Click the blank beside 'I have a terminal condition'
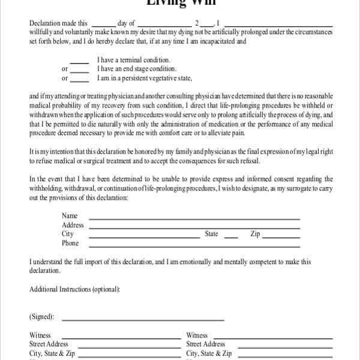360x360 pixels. pyautogui.click(x=80, y=62)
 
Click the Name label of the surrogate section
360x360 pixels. pyautogui.click(x=70, y=216)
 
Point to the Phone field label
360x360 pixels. pyautogui.click(x=70, y=243)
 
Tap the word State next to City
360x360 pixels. pyautogui.click(x=211, y=234)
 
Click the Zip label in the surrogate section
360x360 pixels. pyautogui.click(x=255, y=234)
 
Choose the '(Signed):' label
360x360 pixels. pyautogui.click(x=41, y=316)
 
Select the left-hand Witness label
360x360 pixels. pyautogui.click(x=40, y=335)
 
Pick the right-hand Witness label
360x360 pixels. pyautogui.click(x=197, y=335)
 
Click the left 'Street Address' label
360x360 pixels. pyautogui.click(x=49, y=344)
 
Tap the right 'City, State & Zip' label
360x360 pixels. pyautogui.click(x=209, y=353)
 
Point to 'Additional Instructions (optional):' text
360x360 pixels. pyautogui.click(x=74, y=289)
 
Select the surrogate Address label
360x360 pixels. pyautogui.click(x=73, y=225)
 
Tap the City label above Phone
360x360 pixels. pyautogui.click(x=68, y=234)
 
